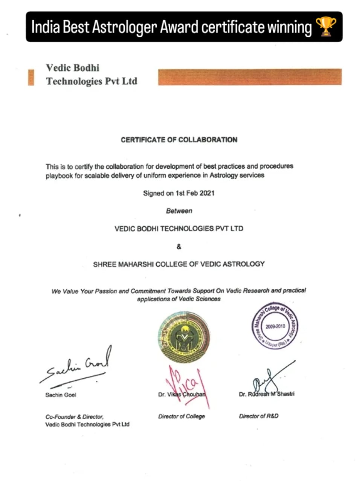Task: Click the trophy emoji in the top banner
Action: (326, 27)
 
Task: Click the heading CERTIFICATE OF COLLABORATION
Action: (179, 140)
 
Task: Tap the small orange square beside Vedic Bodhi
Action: (31, 77)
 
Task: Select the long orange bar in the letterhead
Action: (249, 77)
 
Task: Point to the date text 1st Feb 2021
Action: (195, 193)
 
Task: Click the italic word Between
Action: (179, 211)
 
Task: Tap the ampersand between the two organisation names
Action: (179, 247)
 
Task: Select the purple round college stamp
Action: (275, 325)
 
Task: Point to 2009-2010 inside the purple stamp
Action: (275, 326)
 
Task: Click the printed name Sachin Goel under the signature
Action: (61, 395)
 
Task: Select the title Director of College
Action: (182, 416)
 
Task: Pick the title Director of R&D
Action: (259, 416)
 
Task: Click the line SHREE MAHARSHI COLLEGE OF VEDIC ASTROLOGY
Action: (179, 264)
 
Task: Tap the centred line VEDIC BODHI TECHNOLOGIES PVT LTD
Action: (179, 229)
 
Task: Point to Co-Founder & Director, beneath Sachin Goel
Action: (75, 417)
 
